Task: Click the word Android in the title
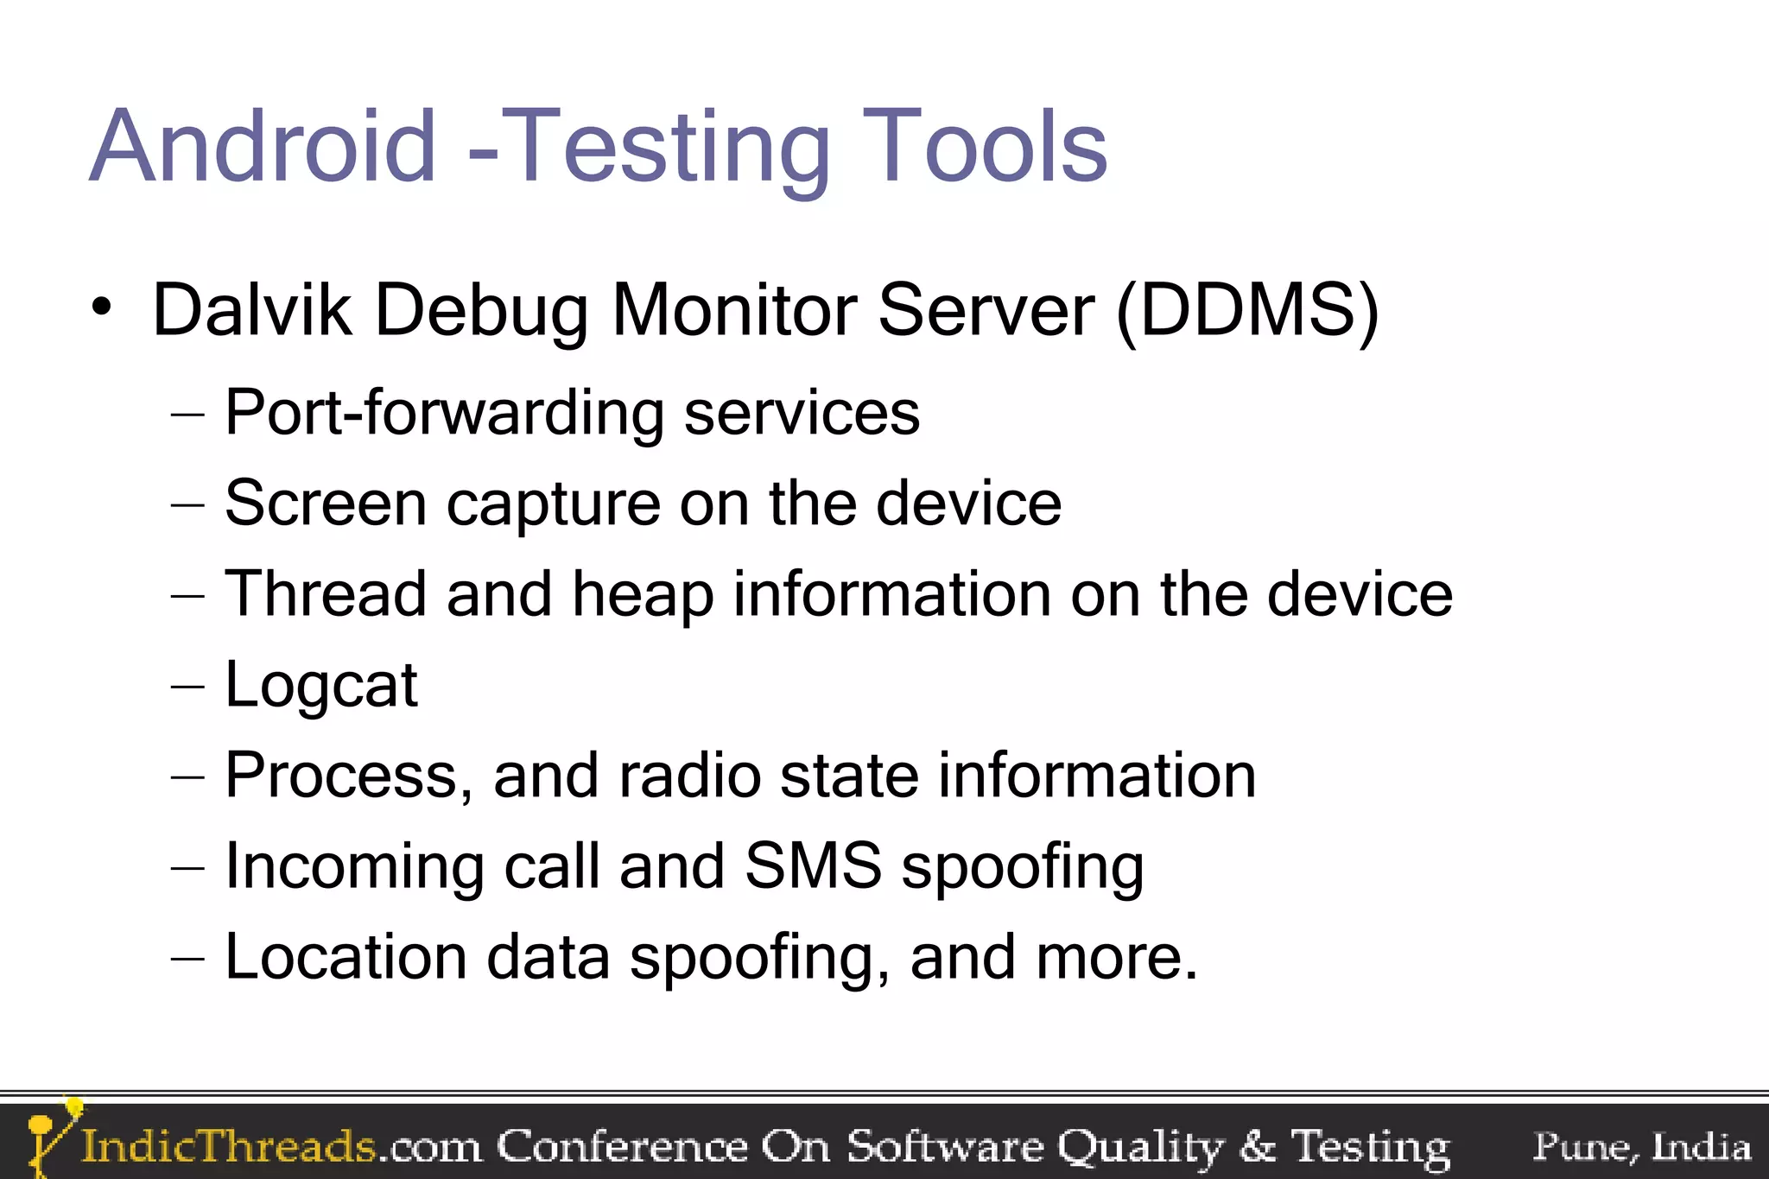pyautogui.click(x=263, y=147)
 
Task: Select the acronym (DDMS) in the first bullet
pyautogui.click(x=1247, y=311)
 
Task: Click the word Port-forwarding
pyautogui.click(x=444, y=413)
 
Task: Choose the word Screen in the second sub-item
pyautogui.click(x=326, y=504)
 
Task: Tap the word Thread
pyautogui.click(x=326, y=594)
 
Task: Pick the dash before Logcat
pyautogui.click(x=187, y=688)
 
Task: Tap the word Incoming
pyautogui.click(x=354, y=867)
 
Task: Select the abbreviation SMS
pyautogui.click(x=813, y=865)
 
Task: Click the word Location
pyautogui.click(x=346, y=957)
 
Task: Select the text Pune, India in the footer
pyautogui.click(x=1641, y=1147)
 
